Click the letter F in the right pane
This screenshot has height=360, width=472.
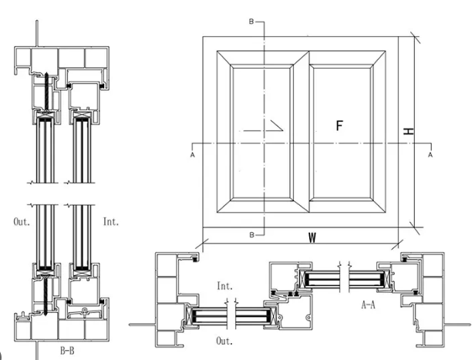point(339,126)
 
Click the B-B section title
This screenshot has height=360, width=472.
point(69,350)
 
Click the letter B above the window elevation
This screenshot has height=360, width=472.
point(251,22)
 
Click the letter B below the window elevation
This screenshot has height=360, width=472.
point(251,234)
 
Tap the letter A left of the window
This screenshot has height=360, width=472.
point(191,154)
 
